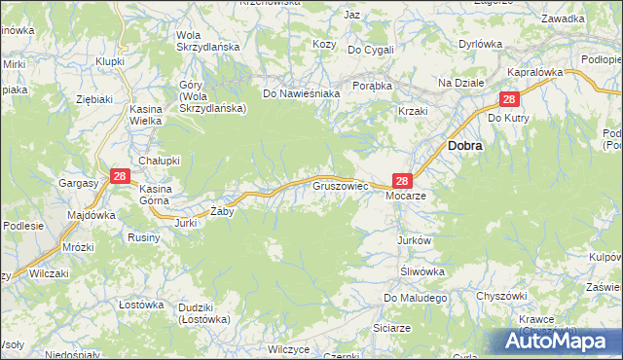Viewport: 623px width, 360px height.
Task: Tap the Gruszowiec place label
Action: (x=338, y=185)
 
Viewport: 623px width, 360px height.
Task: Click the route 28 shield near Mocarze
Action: (x=404, y=180)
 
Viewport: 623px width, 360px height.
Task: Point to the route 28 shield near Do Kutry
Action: (x=509, y=100)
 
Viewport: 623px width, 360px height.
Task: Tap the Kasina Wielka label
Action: (x=146, y=116)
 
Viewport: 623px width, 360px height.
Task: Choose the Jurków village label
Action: (x=414, y=239)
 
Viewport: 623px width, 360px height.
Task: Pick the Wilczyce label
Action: (x=289, y=348)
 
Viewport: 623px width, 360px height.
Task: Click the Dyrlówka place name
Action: (x=480, y=44)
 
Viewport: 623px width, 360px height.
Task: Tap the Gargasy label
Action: (x=78, y=183)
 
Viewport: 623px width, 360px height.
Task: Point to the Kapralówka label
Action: (x=536, y=73)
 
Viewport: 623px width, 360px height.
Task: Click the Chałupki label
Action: (x=157, y=161)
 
